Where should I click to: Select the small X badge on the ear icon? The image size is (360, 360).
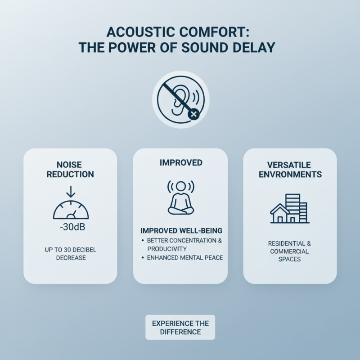click(x=194, y=115)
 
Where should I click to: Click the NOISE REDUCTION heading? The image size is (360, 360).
click(x=69, y=169)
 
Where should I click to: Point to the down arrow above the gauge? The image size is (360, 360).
click(x=71, y=192)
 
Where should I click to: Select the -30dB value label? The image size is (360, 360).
click(x=72, y=227)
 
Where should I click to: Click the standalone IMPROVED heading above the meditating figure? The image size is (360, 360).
click(x=180, y=162)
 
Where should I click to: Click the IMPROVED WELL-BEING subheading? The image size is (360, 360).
click(x=181, y=231)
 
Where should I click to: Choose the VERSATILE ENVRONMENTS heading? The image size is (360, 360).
click(x=290, y=170)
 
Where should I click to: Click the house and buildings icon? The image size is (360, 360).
click(x=290, y=209)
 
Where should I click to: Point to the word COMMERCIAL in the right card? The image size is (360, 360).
click(x=290, y=251)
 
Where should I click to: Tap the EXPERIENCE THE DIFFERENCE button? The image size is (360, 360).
click(x=180, y=328)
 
